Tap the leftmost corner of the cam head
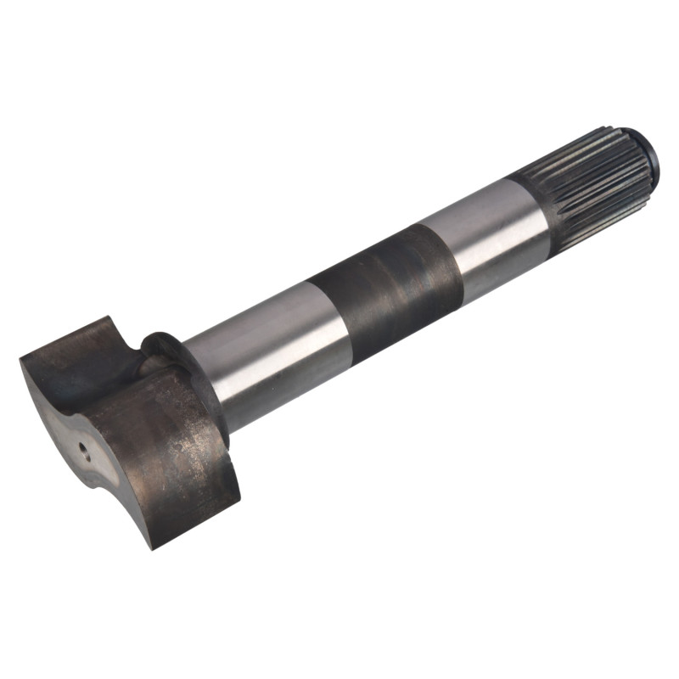(x=20, y=362)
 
